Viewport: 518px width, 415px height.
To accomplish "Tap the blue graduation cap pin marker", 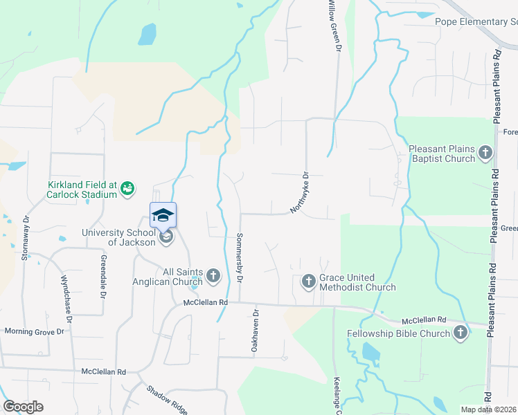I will pyautogui.click(x=163, y=214).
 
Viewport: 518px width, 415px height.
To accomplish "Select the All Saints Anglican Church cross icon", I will pyautogui.click(x=213, y=277).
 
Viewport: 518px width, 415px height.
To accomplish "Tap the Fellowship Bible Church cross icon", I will pyautogui.click(x=460, y=334).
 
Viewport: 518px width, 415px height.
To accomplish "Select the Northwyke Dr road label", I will pyautogui.click(x=298, y=192).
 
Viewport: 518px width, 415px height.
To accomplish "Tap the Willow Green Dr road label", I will pyautogui.click(x=334, y=26).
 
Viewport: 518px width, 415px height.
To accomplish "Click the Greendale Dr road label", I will pyautogui.click(x=102, y=277).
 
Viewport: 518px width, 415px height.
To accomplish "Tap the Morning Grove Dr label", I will pyautogui.click(x=34, y=331).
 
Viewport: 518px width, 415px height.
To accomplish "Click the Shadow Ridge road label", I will pyautogui.click(x=166, y=400).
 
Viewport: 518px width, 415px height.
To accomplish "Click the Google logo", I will pyautogui.click(x=24, y=407).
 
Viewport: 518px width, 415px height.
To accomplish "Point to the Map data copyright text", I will pyautogui.click(x=488, y=409).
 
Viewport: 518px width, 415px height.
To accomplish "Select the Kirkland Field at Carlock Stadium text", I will pyautogui.click(x=82, y=189).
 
